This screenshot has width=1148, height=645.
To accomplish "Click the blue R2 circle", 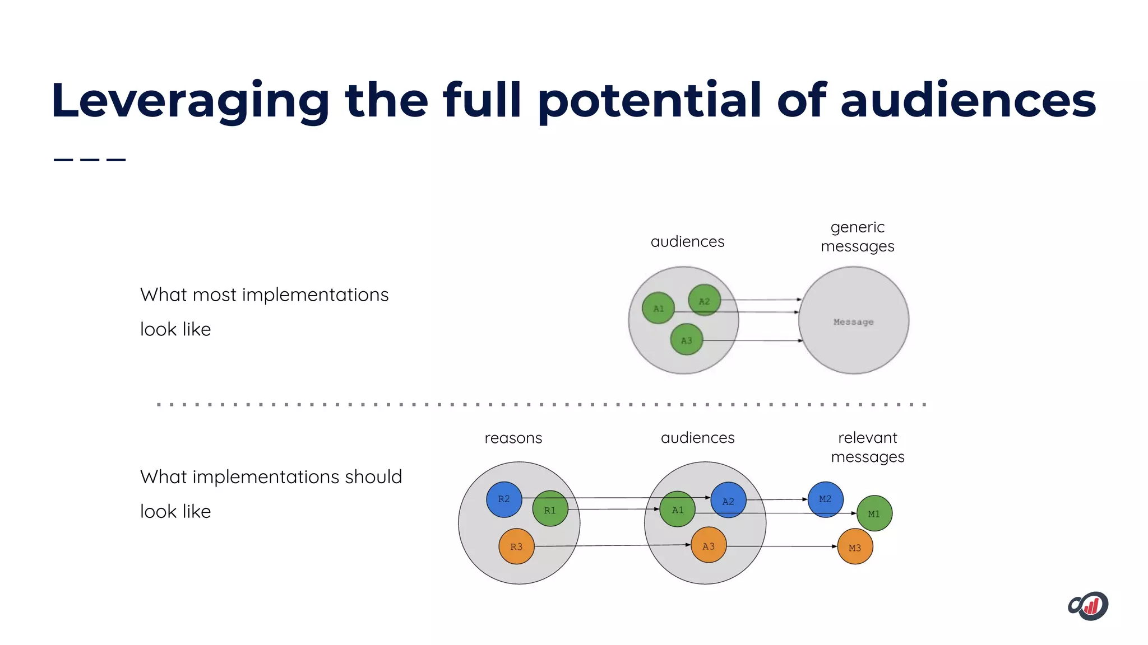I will click(504, 499).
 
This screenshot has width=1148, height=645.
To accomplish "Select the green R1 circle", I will click(550, 509).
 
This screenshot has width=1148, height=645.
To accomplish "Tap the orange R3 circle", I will click(516, 546).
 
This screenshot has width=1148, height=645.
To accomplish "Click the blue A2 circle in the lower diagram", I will click(728, 500).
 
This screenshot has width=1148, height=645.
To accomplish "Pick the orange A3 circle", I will click(709, 545).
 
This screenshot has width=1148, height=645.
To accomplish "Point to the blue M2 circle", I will click(825, 499).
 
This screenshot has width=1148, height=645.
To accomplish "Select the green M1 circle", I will click(874, 513).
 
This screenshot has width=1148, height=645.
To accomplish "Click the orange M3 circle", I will click(855, 547).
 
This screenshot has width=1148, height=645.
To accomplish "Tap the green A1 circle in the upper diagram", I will click(658, 309).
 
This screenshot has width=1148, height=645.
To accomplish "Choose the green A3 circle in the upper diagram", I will click(686, 340).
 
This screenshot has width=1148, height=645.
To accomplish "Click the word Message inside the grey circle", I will click(853, 322).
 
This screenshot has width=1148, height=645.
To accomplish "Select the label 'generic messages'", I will click(857, 237).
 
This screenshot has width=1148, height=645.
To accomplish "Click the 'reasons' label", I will click(513, 438).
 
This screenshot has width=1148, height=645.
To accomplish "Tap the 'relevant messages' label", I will click(867, 447).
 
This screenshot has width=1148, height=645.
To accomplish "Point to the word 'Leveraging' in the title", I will click(189, 101).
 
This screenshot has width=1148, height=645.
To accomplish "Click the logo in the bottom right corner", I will click(1088, 606).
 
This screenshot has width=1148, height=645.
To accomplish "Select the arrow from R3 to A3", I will click(611, 545).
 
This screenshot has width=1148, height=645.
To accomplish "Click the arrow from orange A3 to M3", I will click(782, 546).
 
